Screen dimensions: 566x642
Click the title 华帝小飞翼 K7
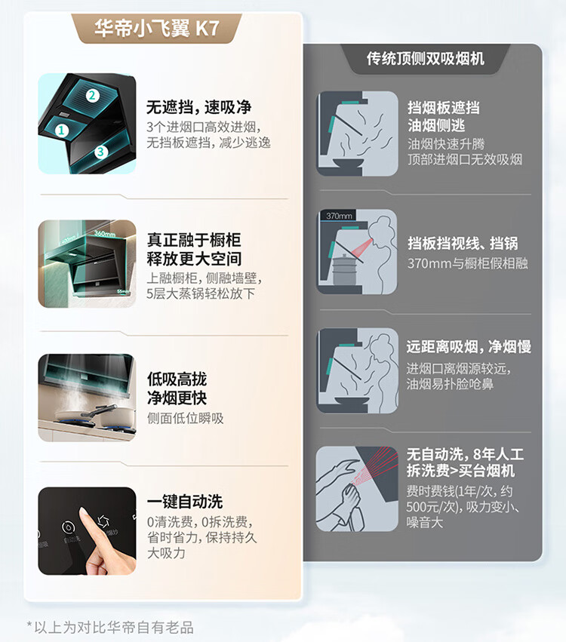coord(157,28)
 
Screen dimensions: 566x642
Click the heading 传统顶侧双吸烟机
coord(426,59)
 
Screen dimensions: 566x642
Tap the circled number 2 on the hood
coord(92,95)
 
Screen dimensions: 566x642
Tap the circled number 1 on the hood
coord(61,131)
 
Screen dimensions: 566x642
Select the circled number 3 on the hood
coord(101,152)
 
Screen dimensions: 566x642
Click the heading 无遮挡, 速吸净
coord(198,107)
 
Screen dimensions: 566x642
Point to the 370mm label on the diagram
coord(339,216)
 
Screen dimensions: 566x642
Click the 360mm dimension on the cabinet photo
coord(104,233)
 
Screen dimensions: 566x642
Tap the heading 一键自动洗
coord(185,502)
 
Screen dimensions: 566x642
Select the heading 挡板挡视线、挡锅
coord(463,243)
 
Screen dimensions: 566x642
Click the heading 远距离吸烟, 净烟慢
coord(469,347)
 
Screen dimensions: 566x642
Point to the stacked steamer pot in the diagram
coord(343,269)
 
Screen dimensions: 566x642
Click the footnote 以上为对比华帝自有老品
coord(113,627)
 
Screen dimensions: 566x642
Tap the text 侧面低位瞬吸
coord(186,418)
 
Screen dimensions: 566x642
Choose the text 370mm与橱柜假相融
coord(468,263)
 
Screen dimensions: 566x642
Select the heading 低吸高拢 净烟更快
coord(177,389)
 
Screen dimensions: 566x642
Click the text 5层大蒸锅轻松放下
coord(201,293)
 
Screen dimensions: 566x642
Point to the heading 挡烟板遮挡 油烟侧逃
coord(444,116)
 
